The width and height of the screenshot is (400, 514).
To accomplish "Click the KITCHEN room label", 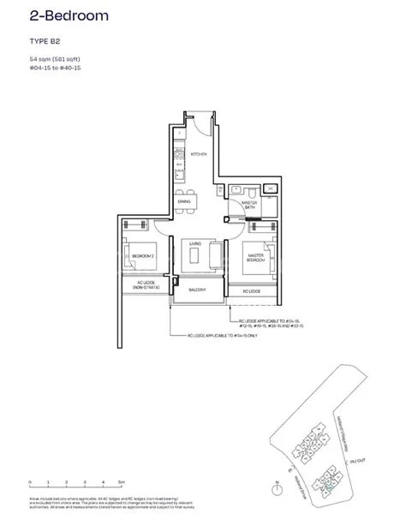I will click(x=200, y=154).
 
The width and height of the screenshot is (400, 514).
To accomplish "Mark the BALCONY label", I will click(x=197, y=290).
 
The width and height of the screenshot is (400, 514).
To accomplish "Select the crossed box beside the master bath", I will click(x=272, y=187).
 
